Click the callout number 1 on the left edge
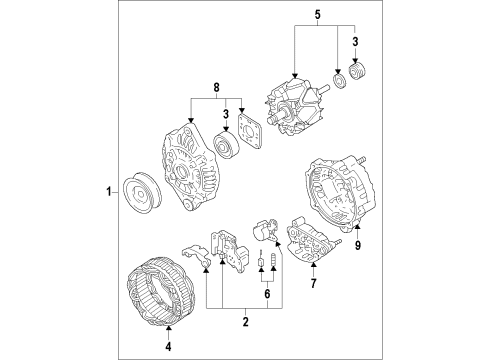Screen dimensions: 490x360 (x=108, y=192)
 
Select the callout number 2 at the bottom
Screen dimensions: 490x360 (x=246, y=322)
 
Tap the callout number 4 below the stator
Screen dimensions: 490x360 (x=168, y=347)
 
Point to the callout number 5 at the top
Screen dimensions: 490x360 (x=317, y=15)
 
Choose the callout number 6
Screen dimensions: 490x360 (x=267, y=294)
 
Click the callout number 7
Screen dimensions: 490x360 (x=313, y=283)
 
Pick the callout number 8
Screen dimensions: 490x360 (x=216, y=88)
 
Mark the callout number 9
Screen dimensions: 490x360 (x=358, y=245)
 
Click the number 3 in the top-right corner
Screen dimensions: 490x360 (x=355, y=42)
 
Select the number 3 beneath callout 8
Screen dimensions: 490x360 (x=226, y=114)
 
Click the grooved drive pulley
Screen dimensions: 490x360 (x=142, y=193)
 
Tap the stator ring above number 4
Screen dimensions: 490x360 (x=161, y=291)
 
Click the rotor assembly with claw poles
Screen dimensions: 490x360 (x=295, y=106)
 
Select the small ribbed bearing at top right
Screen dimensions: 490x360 (x=357, y=71)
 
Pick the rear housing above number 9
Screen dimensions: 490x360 (x=340, y=192)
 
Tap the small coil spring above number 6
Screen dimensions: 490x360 (x=273, y=259)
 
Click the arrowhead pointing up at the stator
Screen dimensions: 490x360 (x=168, y=329)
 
